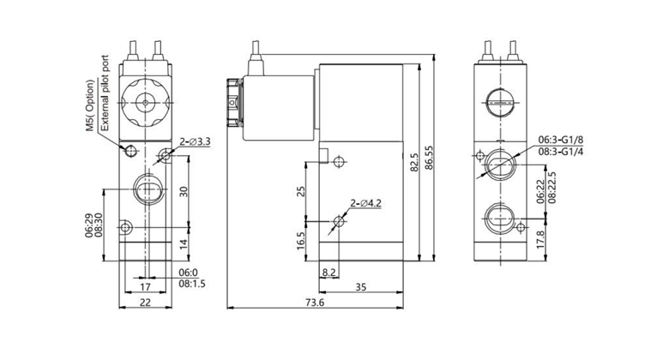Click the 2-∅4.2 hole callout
click(x=366, y=203)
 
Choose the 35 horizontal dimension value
click(x=361, y=288)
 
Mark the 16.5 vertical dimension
click(x=301, y=239)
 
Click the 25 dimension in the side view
click(x=301, y=190)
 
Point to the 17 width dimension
click(x=145, y=288)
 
